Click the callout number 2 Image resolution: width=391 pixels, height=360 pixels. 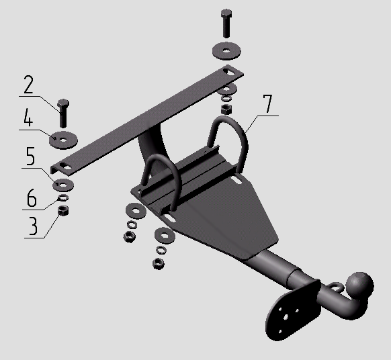(x=28, y=84)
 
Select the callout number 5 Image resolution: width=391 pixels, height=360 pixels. (x=30, y=156)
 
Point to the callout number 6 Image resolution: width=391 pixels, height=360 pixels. (x=32, y=197)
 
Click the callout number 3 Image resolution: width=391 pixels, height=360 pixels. (x=33, y=226)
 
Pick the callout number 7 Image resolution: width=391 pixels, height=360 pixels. (x=267, y=103)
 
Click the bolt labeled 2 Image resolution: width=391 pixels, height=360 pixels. (x=63, y=114)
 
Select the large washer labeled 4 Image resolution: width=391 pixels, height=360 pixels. (x=63, y=140)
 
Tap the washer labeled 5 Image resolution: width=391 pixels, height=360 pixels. (x=63, y=185)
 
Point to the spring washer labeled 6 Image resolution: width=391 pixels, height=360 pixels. (x=63, y=197)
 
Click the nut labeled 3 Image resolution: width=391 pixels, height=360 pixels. (x=63, y=211)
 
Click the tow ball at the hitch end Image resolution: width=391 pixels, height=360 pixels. (x=360, y=285)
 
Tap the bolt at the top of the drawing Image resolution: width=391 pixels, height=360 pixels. (x=226, y=24)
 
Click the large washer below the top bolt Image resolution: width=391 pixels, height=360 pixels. (x=226, y=51)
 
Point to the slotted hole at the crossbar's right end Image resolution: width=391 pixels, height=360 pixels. (x=228, y=71)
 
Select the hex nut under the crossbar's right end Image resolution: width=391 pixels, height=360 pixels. (x=226, y=109)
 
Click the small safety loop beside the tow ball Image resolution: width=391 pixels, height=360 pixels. (x=336, y=287)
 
